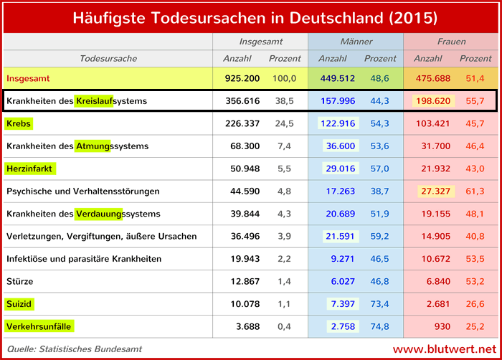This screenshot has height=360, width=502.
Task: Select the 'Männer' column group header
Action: pos(356,42)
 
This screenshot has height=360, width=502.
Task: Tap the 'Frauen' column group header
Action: pos(451,42)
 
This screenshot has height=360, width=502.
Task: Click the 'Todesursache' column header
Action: pos(108,58)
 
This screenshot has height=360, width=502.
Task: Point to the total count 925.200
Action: pos(242,77)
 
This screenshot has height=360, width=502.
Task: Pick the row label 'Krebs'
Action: pos(19,123)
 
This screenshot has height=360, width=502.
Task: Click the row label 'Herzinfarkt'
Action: pos(30,169)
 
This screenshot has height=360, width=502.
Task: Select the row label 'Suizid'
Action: pos(20,304)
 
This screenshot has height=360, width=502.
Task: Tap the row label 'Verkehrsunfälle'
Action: pos(39,327)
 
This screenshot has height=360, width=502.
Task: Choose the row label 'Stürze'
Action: pos(19,281)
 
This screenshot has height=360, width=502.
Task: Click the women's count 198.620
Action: pos(434,101)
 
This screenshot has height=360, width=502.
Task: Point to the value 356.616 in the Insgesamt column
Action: pos(242,101)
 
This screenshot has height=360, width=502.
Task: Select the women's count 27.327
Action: pos(437,191)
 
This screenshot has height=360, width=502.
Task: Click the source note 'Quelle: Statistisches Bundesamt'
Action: pos(74,349)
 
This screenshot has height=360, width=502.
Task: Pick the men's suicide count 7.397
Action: pos(341,304)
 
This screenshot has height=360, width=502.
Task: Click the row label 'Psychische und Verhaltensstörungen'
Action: pos(82,191)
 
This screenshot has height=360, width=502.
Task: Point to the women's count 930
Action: pos(442,327)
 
